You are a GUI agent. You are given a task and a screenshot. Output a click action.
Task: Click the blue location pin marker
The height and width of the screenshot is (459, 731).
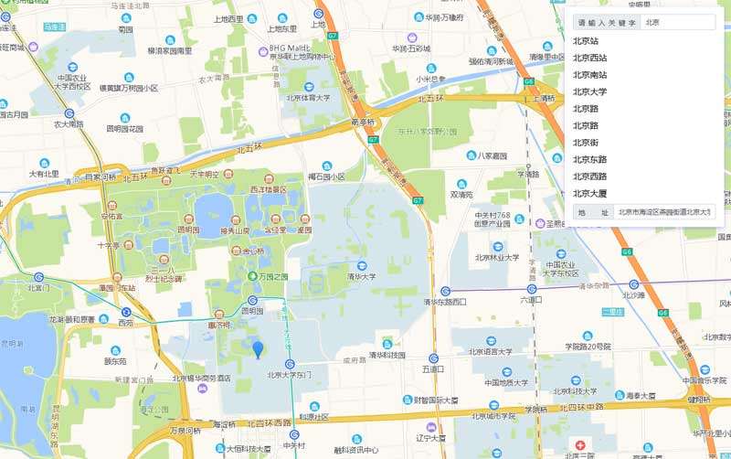point(258,348)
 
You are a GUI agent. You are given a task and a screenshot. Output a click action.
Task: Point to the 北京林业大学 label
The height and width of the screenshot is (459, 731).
point(496,257)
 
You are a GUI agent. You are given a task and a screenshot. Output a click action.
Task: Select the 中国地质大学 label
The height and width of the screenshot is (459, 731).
point(506,382)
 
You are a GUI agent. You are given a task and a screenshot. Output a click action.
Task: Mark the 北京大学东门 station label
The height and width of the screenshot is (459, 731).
point(290,375)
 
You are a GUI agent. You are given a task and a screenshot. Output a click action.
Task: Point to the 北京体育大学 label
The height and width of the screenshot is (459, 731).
point(308,96)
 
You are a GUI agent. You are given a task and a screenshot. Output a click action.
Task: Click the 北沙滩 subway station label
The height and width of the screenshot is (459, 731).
point(633,295)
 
